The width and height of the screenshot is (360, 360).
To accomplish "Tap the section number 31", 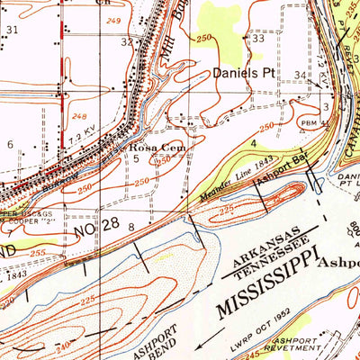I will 12,30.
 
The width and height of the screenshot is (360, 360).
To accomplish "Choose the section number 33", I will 257,39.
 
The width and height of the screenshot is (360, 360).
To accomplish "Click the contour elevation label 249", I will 112,19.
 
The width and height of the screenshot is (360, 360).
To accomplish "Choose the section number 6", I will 10,144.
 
